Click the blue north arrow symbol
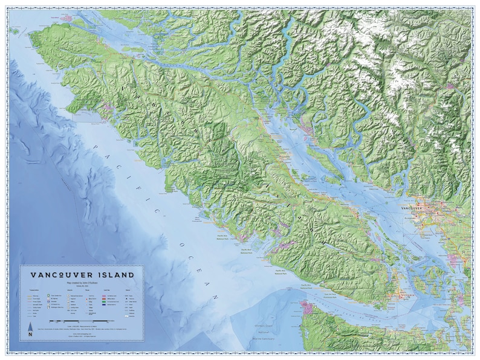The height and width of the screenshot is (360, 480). [30, 327]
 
